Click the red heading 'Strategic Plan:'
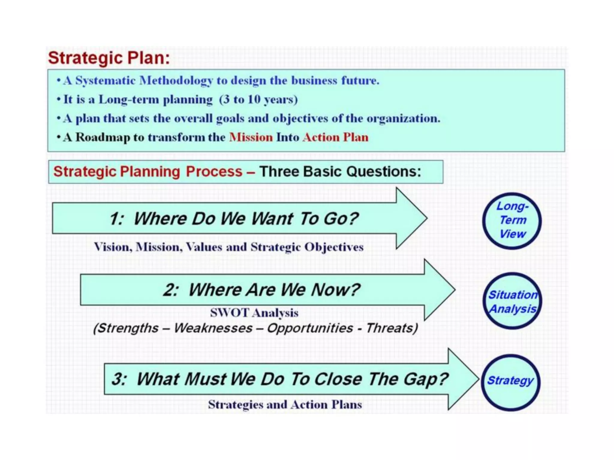coord(109,57)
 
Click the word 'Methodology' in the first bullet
coord(176,81)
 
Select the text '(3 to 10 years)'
coord(258,99)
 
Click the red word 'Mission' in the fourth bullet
coord(251,137)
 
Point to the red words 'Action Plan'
coord(335,137)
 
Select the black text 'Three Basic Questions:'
coord(340,172)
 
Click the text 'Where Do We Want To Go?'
coord(246,218)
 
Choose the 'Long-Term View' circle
coord(512,220)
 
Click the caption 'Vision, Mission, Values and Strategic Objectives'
coord(228,247)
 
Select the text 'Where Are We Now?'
coord(274,290)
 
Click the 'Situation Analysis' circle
coord(512,301)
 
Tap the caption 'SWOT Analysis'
coord(254,313)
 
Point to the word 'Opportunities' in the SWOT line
coord(310,328)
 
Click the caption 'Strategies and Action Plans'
coord(285,405)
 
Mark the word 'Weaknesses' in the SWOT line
coord(213,328)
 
